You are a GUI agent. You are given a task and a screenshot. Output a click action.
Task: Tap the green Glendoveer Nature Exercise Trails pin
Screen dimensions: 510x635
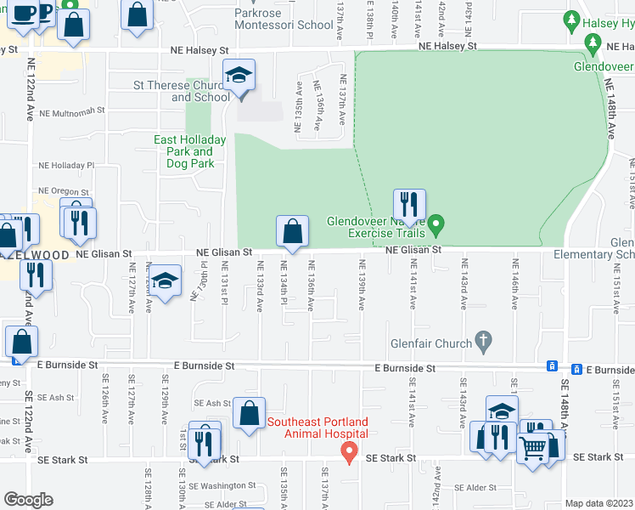click(436, 226)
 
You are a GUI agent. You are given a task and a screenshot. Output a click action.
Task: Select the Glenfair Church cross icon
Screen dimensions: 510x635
click(483, 342)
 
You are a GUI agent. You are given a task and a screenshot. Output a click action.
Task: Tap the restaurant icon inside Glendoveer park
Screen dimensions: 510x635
click(408, 204)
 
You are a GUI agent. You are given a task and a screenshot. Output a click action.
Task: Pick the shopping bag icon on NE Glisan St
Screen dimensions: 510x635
click(292, 231)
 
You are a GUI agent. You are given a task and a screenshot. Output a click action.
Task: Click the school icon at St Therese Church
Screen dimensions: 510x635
click(239, 75)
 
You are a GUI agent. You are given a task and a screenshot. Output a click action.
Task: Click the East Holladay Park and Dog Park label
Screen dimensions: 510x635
click(189, 151)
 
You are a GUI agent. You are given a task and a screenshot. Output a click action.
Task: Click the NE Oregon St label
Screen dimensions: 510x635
click(64, 192)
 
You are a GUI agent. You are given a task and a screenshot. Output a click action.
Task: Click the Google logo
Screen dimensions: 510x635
click(28, 499)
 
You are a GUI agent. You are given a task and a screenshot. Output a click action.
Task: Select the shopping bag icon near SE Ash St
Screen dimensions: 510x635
click(250, 414)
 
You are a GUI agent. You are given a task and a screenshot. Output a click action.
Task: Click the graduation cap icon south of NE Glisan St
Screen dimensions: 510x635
click(166, 280)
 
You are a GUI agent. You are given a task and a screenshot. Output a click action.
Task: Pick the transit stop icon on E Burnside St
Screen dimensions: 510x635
click(552, 366)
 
